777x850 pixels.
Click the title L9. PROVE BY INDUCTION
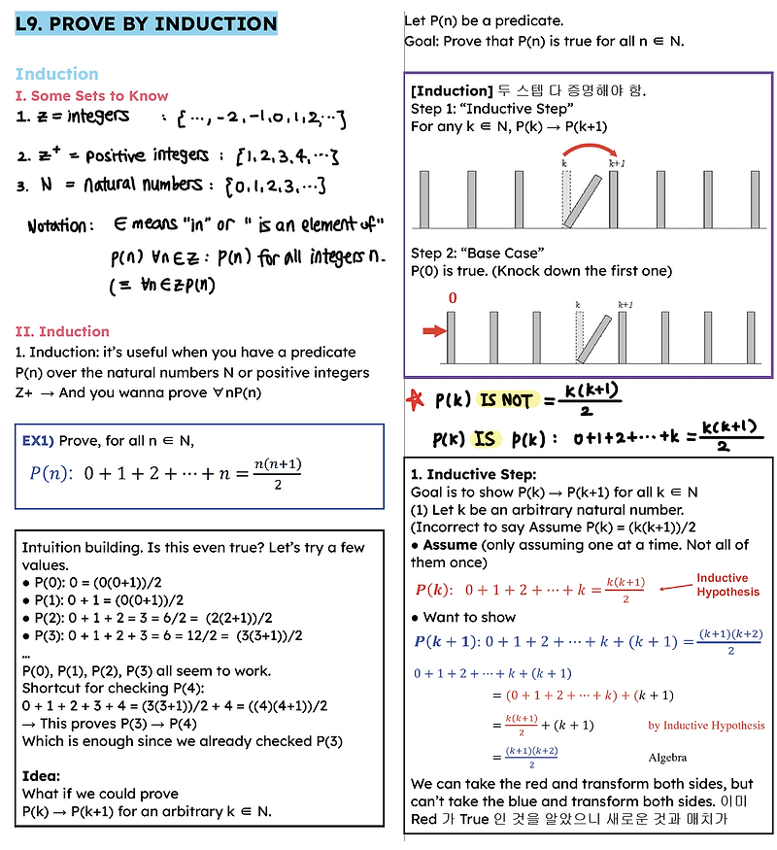pos(147,24)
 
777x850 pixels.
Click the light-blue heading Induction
pos(56,74)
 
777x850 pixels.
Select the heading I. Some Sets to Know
pos(91,96)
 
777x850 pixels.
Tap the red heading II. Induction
pos(62,331)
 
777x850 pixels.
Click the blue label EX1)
pos(38,441)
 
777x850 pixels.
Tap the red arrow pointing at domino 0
pos(427,333)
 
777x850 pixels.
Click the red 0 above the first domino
pos(452,299)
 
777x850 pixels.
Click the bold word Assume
pos(450,546)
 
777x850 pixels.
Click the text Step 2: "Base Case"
pos(478,253)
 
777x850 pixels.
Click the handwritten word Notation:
pos(56,225)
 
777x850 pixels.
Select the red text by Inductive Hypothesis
pos(706,725)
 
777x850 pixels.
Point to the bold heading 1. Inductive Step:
pos(473,475)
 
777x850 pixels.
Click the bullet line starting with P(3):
pos(160,635)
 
